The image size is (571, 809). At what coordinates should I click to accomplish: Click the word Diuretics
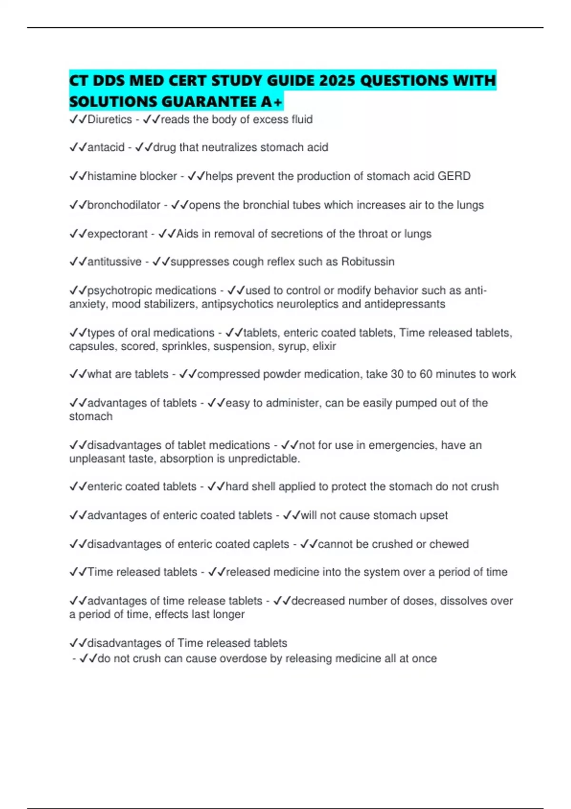pos(110,119)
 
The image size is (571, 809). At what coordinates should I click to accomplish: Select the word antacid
pos(106,148)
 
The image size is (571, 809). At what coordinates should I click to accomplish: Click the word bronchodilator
pos(124,205)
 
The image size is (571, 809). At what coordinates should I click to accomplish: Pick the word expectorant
pos(118,234)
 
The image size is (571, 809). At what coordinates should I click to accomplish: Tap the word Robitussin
pos(368,262)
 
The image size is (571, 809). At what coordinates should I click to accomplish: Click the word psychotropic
pos(119,291)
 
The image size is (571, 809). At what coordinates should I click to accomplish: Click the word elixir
pos(324,346)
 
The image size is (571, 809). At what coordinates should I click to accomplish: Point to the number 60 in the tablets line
pos(426,374)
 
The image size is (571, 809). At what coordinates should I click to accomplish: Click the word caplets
pos(271,544)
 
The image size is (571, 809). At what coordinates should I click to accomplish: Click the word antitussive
pos(115,262)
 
